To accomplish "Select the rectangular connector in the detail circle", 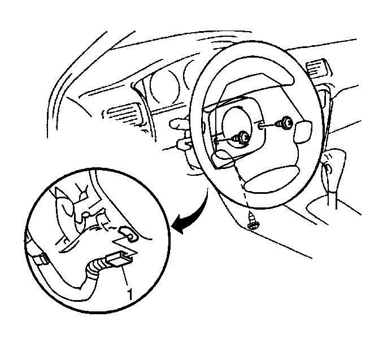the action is point(119,259).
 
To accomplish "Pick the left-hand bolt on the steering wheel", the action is point(241,137).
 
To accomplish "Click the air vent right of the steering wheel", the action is point(319,68).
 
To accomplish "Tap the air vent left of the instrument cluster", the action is point(121,114).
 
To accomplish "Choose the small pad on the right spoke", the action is point(303,131).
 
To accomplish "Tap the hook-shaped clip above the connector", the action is point(128,234).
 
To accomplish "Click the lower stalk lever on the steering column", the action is point(184,144).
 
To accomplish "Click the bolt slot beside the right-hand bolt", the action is point(260,126).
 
